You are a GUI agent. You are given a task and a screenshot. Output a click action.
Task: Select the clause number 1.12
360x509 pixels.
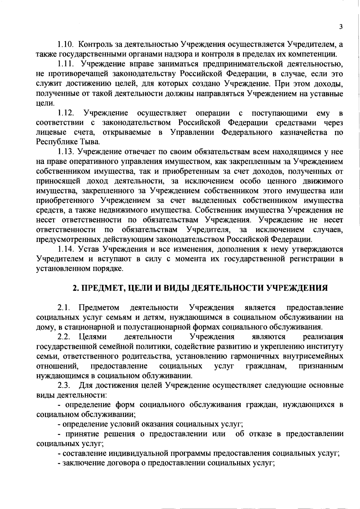[x=65, y=113]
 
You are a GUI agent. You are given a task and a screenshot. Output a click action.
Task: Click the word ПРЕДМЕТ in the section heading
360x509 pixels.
[x=103, y=288]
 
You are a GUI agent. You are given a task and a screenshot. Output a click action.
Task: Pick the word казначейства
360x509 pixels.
[x=304, y=132]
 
